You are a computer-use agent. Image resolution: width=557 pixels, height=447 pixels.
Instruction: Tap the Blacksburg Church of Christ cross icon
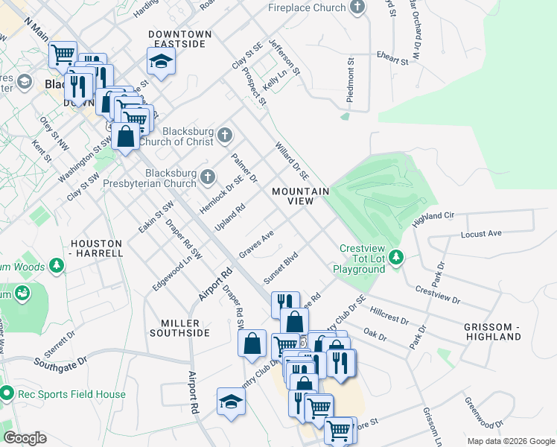pos(225,136)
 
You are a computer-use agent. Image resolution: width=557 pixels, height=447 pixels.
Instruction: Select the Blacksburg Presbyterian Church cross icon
pos(209,177)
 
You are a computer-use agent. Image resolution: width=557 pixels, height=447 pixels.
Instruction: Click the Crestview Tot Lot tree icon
pos(397,258)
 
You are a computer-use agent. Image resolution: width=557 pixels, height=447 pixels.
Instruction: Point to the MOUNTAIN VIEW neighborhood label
pos(300,197)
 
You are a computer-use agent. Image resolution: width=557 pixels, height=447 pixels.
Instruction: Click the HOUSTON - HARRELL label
pos(96,248)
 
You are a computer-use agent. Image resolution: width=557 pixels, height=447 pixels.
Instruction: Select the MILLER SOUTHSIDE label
pos(185,328)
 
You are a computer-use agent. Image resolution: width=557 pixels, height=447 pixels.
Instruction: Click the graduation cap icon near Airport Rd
pos(231,402)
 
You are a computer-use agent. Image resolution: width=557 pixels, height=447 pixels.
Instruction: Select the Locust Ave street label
pos(481,233)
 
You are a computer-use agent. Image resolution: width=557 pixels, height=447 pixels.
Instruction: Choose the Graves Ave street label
pos(257,244)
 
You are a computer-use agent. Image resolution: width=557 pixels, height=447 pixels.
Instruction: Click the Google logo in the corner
pos(25,438)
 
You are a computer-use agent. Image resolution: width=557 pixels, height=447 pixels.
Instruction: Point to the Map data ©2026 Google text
pos(511,441)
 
